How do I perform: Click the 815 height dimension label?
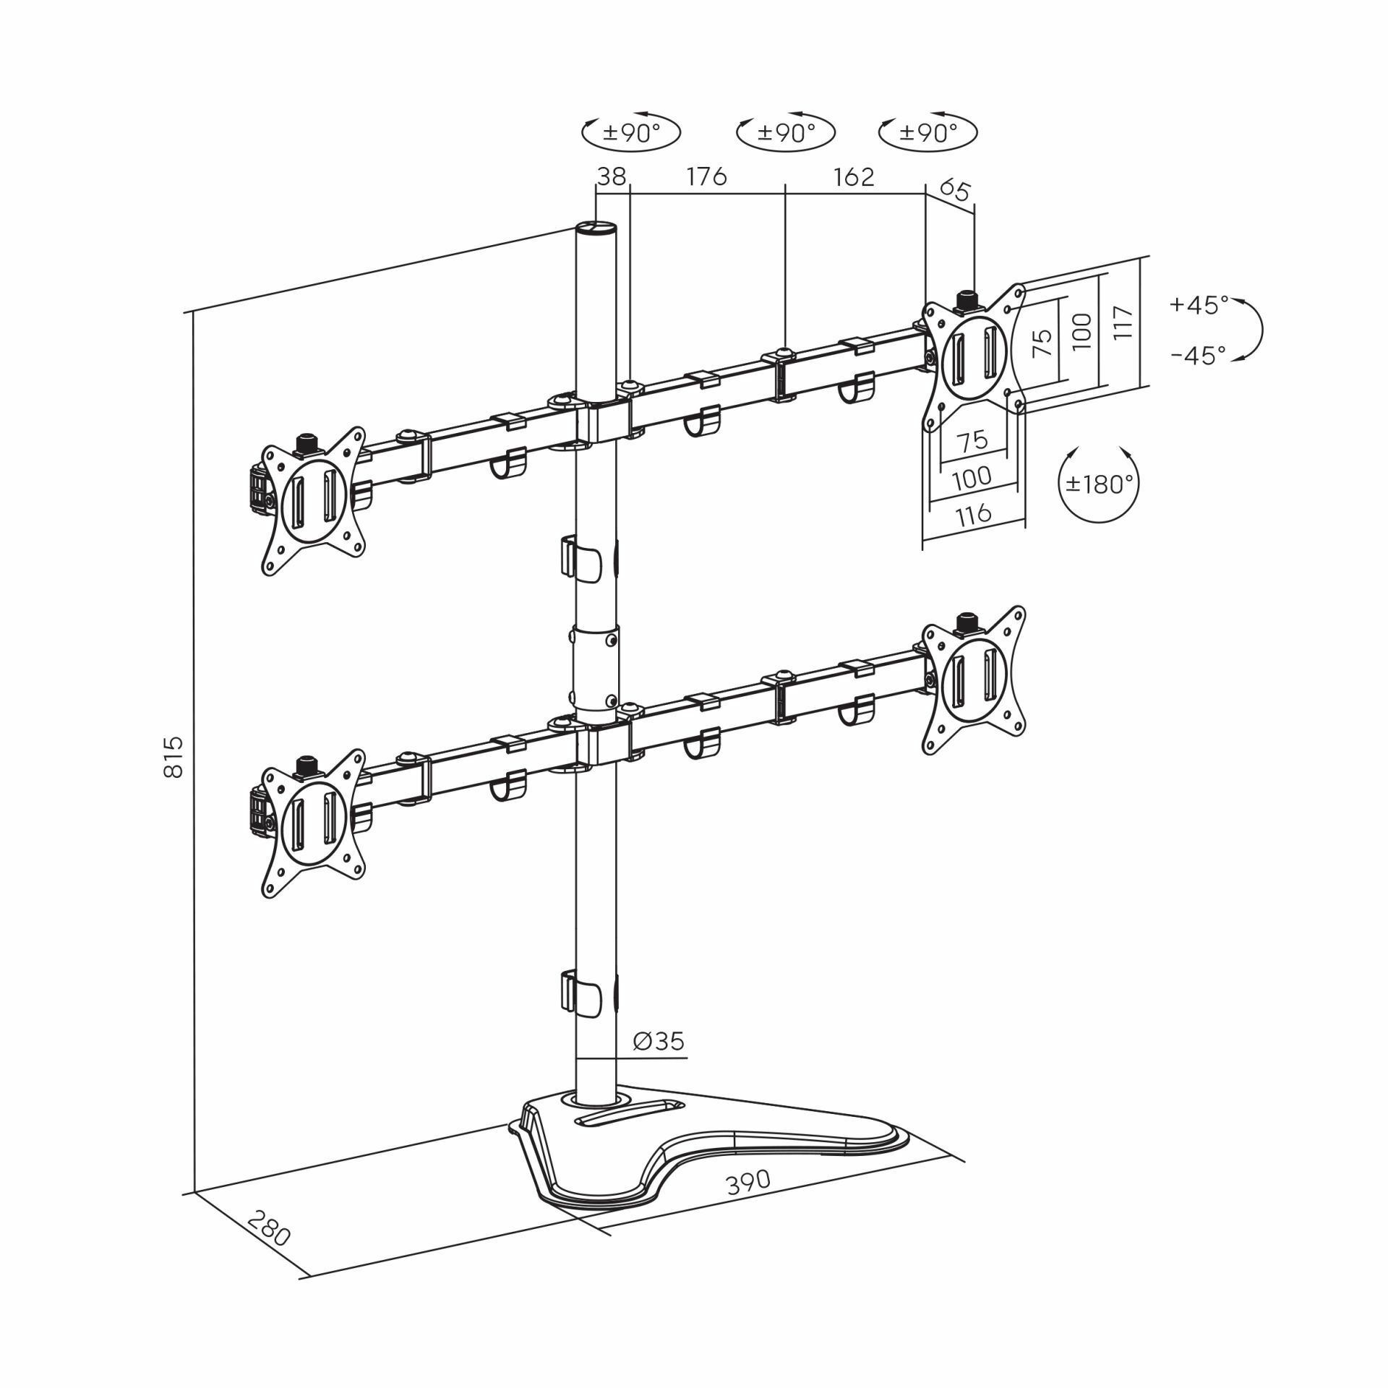173,757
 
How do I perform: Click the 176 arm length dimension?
706,176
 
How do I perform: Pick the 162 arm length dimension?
854,176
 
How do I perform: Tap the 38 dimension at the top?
612,176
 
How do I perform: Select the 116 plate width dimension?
973,515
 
